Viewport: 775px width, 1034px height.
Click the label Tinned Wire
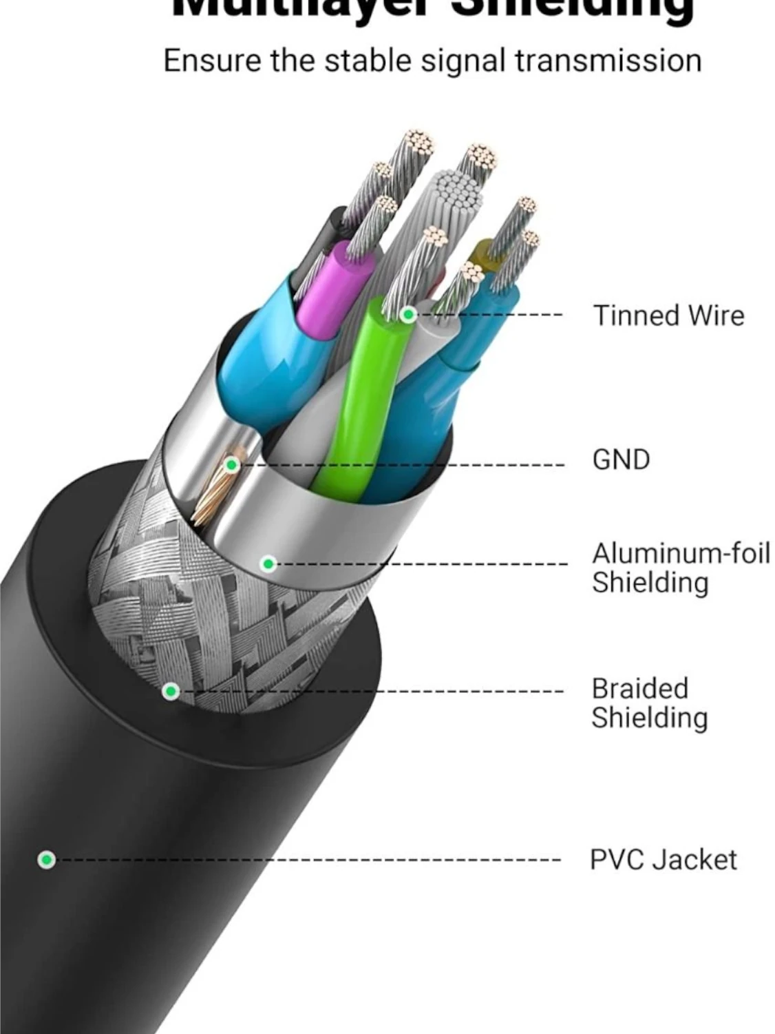[668, 316]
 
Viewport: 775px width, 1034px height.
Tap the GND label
[621, 459]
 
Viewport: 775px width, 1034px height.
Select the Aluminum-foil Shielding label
[680, 568]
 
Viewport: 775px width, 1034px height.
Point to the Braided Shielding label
[649, 703]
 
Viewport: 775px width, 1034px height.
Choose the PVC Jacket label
[663, 860]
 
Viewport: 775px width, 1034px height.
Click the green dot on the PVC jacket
[46, 860]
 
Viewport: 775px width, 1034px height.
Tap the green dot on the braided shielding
[171, 691]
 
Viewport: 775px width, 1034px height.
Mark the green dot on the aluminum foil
[269, 564]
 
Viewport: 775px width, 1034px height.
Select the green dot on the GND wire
[232, 465]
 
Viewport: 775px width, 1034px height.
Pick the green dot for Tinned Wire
[408, 315]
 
